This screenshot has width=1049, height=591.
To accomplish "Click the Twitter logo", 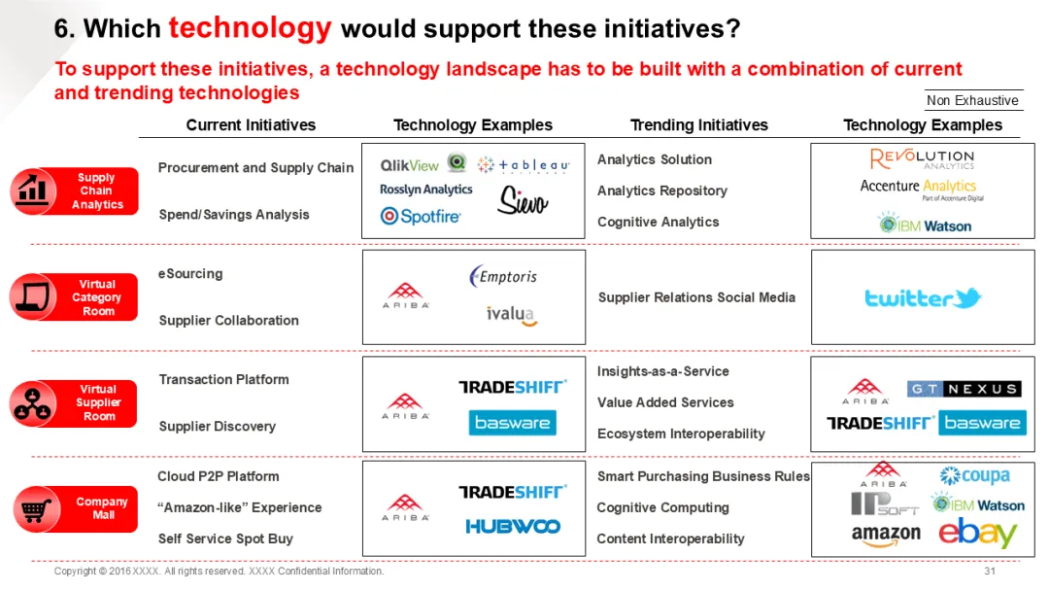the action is [923, 298].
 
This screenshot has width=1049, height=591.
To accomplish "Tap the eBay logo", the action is [977, 534].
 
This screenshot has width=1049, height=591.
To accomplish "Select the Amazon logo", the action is [885, 535].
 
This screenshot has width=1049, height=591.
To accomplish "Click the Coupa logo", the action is [974, 476].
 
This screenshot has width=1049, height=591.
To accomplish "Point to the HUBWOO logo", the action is [513, 526].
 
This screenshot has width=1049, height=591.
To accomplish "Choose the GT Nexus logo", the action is [964, 389].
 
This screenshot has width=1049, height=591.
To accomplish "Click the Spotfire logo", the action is [421, 217].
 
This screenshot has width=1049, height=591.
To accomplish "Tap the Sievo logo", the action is [523, 200].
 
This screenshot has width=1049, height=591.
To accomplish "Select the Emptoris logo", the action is [503, 277].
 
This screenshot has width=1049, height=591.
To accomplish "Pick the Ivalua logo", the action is [512, 315].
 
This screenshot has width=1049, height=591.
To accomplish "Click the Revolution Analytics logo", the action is [922, 159].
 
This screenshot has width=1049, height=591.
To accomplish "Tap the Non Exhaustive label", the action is [972, 101].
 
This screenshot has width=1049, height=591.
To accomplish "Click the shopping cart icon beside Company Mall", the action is [36, 509].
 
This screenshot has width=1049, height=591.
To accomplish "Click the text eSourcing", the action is [190, 274].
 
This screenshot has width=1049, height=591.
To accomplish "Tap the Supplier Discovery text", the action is [218, 427].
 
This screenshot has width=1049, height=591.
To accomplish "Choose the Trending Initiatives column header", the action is [698, 125].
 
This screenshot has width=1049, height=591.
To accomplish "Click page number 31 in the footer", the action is [990, 572].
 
